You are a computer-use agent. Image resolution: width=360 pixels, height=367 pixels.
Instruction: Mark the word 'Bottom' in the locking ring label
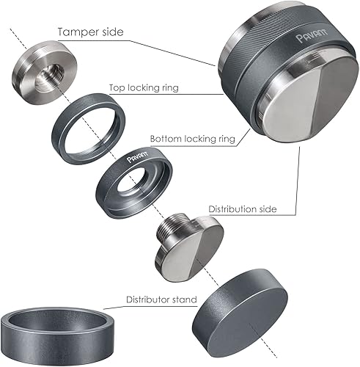(x=165, y=137)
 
